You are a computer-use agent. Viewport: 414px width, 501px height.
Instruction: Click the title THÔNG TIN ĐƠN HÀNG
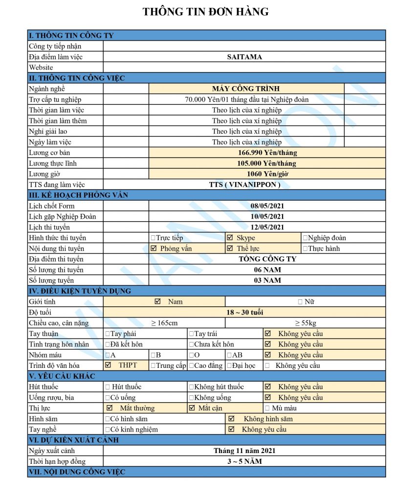click(206, 12)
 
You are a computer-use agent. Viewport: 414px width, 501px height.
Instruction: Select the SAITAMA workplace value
click(244, 57)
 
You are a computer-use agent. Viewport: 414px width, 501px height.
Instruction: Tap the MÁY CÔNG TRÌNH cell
click(246, 89)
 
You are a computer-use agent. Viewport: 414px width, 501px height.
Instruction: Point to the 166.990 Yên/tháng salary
click(267, 153)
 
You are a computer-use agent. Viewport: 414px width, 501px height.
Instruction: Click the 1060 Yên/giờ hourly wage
click(267, 174)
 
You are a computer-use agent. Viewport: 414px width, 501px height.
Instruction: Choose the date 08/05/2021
click(267, 206)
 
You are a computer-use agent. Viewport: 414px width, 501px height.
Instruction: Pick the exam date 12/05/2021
click(267, 227)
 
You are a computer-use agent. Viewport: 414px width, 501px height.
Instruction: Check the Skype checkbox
click(230, 238)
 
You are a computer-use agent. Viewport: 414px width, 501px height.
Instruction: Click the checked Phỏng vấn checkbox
click(154, 249)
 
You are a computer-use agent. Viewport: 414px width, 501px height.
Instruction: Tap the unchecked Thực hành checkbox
click(305, 249)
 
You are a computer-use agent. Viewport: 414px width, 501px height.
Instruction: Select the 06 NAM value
click(267, 270)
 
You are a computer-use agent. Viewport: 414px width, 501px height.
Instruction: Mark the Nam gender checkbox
click(157, 302)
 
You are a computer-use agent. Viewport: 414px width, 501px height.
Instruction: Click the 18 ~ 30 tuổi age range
click(244, 312)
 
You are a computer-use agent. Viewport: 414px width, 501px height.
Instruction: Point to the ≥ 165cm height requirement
click(164, 323)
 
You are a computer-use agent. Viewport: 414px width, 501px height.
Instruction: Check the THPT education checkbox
click(108, 365)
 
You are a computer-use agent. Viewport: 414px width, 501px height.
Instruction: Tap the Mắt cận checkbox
click(192, 408)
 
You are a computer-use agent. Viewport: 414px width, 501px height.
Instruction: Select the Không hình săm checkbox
click(232, 419)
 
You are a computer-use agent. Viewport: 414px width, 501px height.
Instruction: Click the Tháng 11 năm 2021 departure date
click(244, 451)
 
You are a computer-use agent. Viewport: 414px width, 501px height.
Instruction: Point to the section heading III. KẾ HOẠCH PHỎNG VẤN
click(78, 195)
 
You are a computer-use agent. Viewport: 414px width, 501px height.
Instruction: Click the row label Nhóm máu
click(45, 355)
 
